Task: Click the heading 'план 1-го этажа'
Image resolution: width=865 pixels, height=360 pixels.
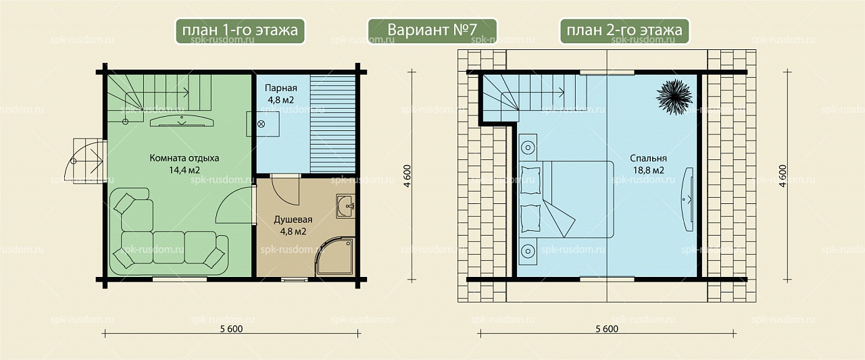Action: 240,30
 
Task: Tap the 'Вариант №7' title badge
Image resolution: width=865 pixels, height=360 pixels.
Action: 432,30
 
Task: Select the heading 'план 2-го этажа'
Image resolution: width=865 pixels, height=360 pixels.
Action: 624,30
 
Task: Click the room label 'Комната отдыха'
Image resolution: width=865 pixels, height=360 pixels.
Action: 184,158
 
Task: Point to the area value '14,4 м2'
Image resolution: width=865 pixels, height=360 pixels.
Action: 184,170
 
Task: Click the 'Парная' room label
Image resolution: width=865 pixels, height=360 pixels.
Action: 280,88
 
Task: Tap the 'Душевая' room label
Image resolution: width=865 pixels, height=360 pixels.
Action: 293,220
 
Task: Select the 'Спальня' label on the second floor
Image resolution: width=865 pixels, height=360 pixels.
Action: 648,158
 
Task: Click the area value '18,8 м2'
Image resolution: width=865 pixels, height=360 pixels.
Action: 648,170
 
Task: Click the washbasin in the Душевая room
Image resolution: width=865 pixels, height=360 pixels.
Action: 345,206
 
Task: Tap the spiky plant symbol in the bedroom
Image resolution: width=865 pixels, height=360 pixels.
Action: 674,97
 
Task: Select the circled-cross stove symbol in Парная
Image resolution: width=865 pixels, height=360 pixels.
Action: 261,124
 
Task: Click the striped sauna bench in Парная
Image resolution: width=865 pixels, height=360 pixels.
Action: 333,124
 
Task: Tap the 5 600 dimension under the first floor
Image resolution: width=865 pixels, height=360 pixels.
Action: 231,329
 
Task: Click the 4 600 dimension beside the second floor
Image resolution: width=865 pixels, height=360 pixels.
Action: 783,176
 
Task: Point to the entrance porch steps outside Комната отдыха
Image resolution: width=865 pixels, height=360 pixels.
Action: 86,161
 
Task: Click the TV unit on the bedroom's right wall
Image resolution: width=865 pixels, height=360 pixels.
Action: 688,199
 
